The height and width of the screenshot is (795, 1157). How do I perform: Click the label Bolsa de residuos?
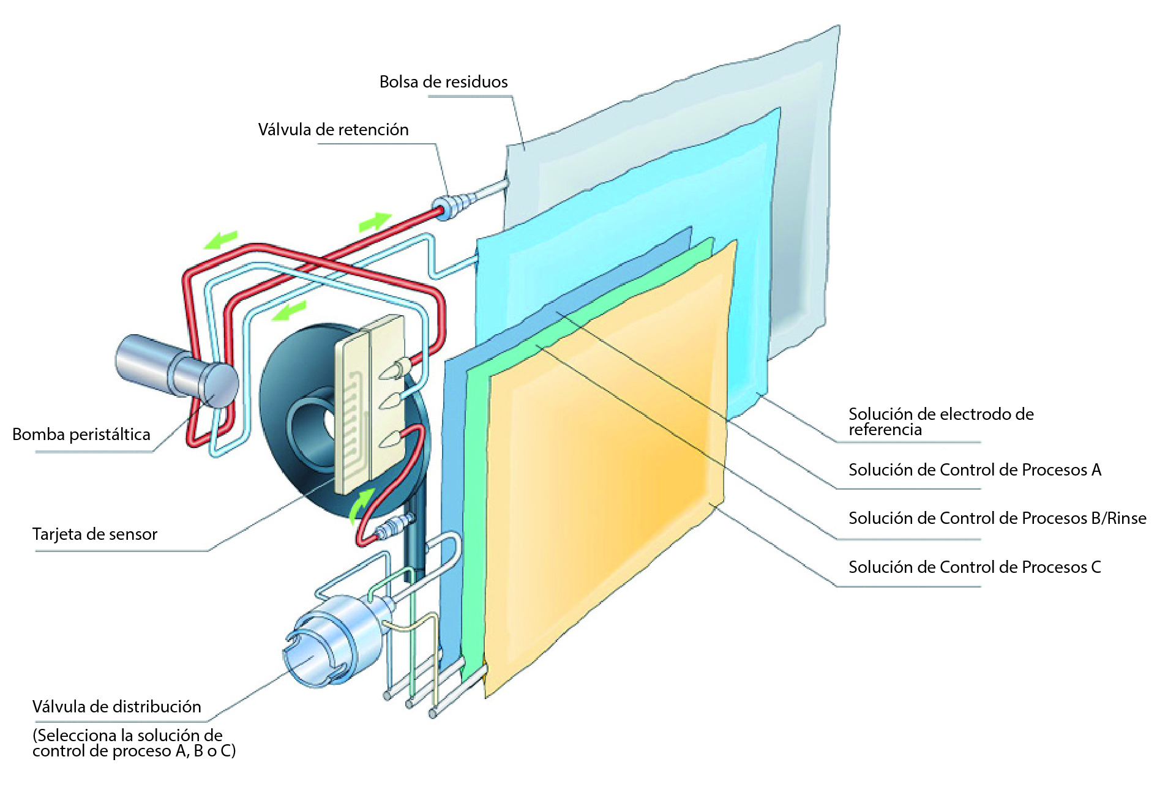(x=443, y=82)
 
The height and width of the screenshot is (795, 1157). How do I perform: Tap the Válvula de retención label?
(x=333, y=130)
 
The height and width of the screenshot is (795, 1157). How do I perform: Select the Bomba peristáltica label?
(x=81, y=435)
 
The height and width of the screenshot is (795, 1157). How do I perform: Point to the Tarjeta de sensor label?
(x=95, y=534)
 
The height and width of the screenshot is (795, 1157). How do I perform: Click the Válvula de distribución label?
(x=116, y=707)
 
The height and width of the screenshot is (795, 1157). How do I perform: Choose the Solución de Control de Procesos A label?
(x=975, y=470)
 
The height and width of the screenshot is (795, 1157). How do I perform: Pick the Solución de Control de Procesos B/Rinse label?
(x=997, y=518)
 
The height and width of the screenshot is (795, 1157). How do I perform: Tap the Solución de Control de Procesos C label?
(x=975, y=567)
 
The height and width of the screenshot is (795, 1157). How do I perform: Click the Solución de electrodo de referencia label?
(x=940, y=421)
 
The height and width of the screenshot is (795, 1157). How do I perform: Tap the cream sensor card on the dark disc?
(x=370, y=404)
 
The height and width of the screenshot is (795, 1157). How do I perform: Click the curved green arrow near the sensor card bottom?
(x=361, y=505)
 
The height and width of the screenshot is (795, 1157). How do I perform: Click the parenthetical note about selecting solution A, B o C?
(x=133, y=743)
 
